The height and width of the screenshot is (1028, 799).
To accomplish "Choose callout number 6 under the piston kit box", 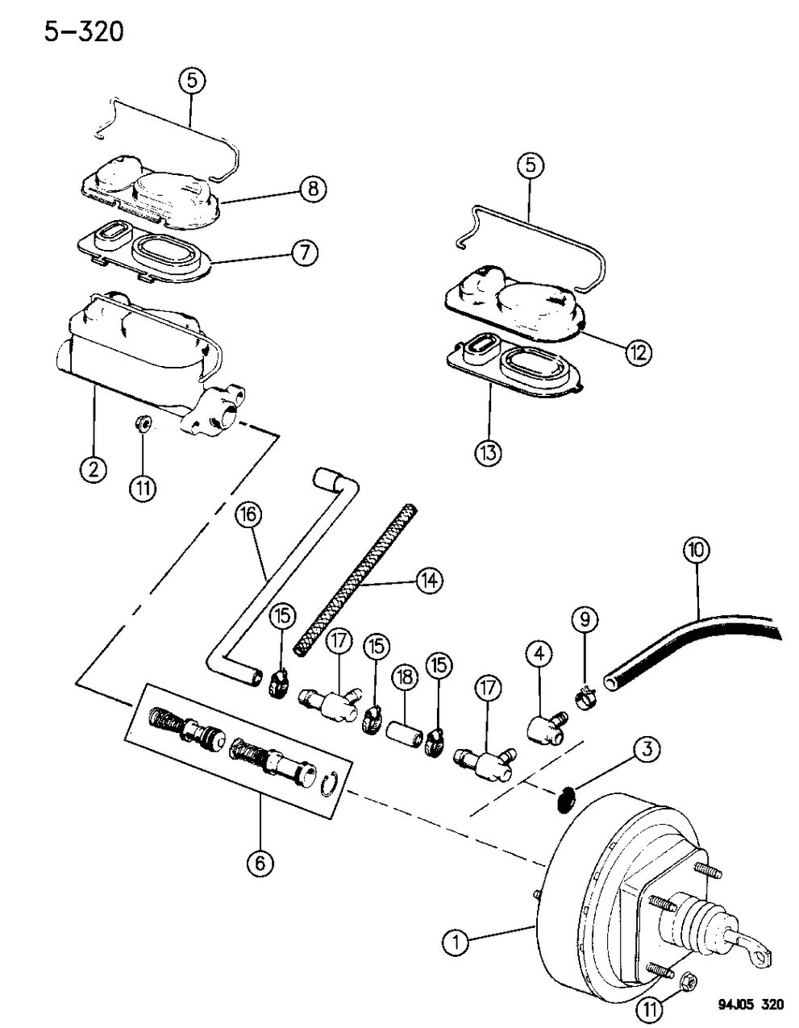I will click(x=260, y=864).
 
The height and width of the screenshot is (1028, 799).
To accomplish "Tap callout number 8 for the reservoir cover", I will click(x=312, y=189).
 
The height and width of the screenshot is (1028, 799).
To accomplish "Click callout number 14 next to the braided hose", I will click(x=429, y=581).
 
